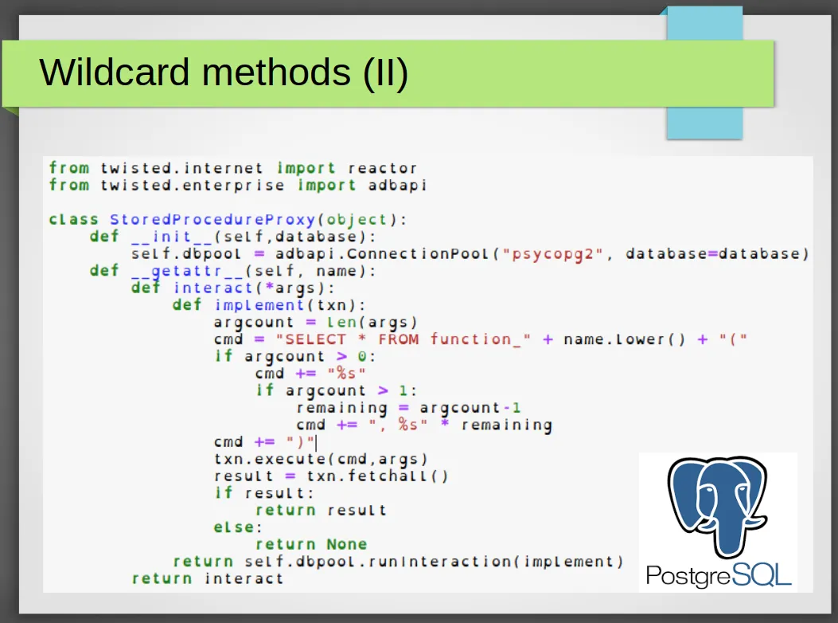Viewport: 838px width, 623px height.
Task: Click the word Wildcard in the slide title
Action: [x=115, y=72]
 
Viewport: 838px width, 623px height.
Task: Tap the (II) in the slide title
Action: [x=385, y=72]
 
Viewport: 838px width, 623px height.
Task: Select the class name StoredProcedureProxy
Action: [x=212, y=220]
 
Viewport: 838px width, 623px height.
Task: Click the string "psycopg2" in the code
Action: [x=552, y=254]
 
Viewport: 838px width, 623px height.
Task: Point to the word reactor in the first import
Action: [x=382, y=168]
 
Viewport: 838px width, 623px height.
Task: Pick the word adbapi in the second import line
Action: [x=397, y=185]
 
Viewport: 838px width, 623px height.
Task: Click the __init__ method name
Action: [x=172, y=237]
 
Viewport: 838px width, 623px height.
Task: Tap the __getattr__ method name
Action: [x=188, y=272]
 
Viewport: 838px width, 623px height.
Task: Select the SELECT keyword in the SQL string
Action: [x=315, y=339]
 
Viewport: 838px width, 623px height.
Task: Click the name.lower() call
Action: [x=624, y=339]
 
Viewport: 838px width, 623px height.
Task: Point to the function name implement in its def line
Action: [x=259, y=306]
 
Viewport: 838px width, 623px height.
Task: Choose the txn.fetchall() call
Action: [x=377, y=476]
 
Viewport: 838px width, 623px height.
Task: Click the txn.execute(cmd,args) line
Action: [x=321, y=459]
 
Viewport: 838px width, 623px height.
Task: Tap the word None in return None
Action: [x=347, y=544]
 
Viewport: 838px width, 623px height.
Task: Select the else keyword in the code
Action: [x=234, y=527]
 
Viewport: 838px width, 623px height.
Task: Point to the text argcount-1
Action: [x=470, y=409]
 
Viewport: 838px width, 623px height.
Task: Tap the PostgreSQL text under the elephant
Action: [x=719, y=575]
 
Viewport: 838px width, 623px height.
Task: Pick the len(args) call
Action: [x=372, y=323]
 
